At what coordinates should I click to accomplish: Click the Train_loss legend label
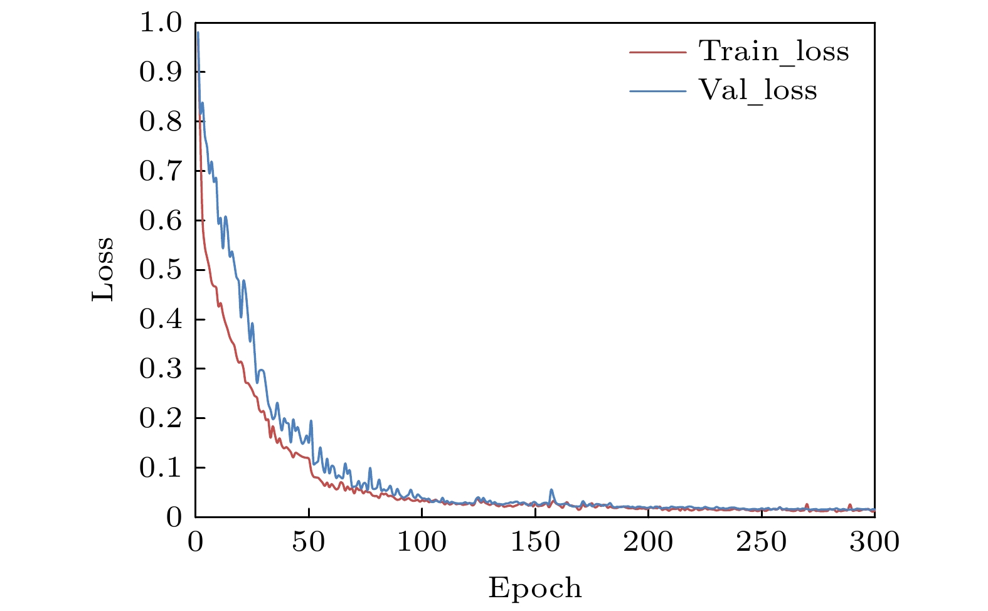tap(774, 51)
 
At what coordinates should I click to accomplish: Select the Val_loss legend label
tap(758, 91)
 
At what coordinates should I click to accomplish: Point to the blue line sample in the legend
tap(658, 92)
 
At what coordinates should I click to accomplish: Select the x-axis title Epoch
tap(535, 588)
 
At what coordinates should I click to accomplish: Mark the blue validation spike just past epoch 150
tap(551, 490)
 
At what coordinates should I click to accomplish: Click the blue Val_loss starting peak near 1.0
tap(198, 33)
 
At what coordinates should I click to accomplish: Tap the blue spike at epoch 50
tap(311, 421)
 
